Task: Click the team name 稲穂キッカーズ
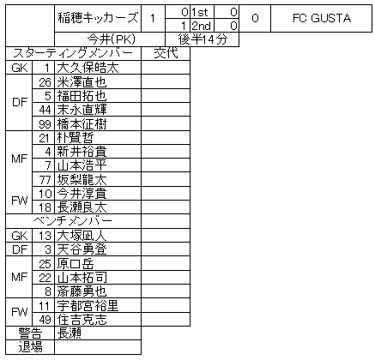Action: point(98,18)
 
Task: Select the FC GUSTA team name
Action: point(322,18)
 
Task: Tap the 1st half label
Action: point(200,12)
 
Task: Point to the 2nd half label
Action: point(201,26)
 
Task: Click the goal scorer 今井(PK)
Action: point(111,39)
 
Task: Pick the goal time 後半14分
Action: point(203,39)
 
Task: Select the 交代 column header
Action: point(166,53)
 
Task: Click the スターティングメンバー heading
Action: point(73,53)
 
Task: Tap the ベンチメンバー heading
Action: point(73,221)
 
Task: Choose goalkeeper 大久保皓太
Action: point(88,68)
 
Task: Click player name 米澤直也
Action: point(82,82)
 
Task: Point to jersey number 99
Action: point(45,124)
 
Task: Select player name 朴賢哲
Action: point(76,138)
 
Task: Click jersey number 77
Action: point(45,180)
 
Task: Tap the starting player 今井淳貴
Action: point(82,194)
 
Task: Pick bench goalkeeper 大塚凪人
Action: point(82,236)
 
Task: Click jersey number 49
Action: point(45,320)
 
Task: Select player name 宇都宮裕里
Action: point(88,305)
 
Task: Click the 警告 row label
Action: point(30,333)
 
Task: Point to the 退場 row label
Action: point(30,347)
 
